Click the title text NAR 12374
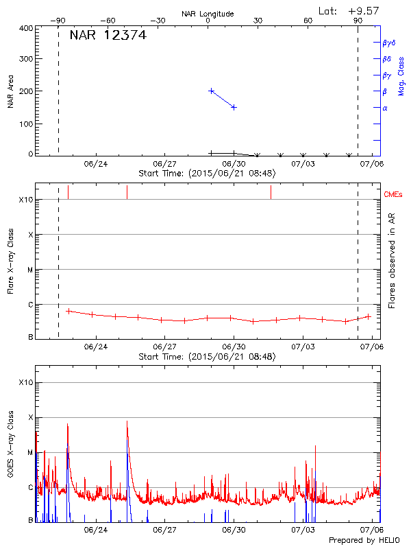click(x=108, y=36)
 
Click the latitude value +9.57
click(x=363, y=10)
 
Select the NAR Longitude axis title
click(x=208, y=13)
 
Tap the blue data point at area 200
click(x=212, y=91)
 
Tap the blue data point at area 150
click(x=234, y=107)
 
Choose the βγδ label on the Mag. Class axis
click(x=388, y=43)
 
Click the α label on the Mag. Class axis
click(x=385, y=108)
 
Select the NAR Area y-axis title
click(x=11, y=91)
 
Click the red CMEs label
click(x=394, y=195)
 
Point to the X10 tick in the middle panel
click(x=25, y=200)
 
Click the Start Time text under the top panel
click(x=207, y=174)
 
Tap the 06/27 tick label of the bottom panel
click(x=165, y=530)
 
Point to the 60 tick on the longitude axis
click(x=308, y=21)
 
